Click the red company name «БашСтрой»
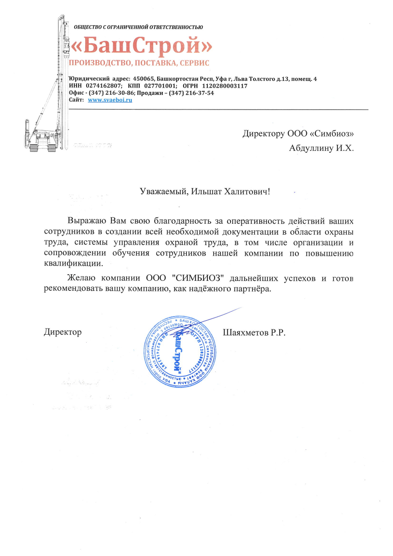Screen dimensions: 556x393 tap(140, 46)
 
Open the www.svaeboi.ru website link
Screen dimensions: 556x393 tap(110, 100)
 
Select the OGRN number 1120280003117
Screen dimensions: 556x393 tap(225, 86)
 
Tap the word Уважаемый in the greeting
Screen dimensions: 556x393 tap(164, 192)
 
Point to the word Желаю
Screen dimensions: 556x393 tap(80, 278)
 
